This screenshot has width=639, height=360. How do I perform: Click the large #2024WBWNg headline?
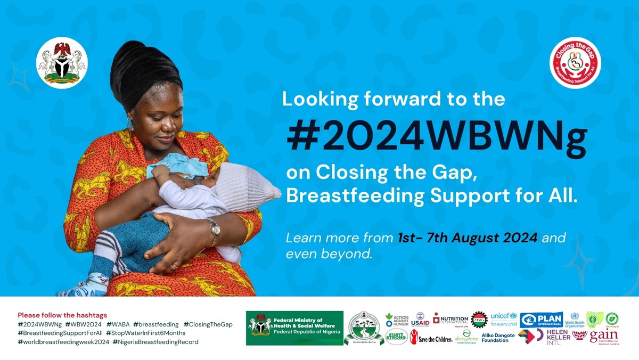pos(437,138)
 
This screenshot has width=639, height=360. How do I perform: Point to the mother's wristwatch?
pos(215,230)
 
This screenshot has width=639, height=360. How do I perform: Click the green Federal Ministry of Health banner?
pos(294,328)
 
